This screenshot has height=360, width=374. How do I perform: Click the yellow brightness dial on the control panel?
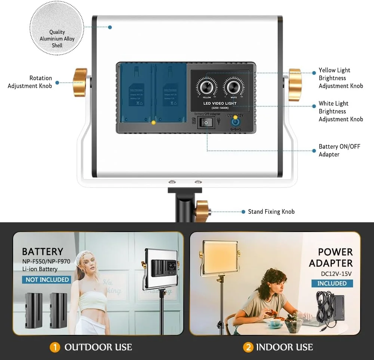pos(206,87)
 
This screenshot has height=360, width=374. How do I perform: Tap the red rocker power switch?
pos(205,122)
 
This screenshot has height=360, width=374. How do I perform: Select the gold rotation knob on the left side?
pos(80,82)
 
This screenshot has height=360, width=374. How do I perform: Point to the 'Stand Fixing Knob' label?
pos(271,212)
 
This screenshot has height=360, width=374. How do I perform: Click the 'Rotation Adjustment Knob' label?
pos(30,82)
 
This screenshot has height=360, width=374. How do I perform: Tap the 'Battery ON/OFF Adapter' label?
pos(339,150)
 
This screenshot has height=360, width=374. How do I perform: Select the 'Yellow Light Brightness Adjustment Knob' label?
pos(340,78)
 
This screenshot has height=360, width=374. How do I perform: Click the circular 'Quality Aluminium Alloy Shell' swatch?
pos(57,28)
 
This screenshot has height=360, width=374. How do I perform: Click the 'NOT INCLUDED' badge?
pos(47,280)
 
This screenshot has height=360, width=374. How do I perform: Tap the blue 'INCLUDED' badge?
pos(332,283)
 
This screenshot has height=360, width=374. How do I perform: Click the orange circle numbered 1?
pos(55,347)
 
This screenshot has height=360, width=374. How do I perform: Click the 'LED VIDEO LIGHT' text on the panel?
pos(220,103)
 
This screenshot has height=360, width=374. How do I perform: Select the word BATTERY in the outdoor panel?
pos(42,251)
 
